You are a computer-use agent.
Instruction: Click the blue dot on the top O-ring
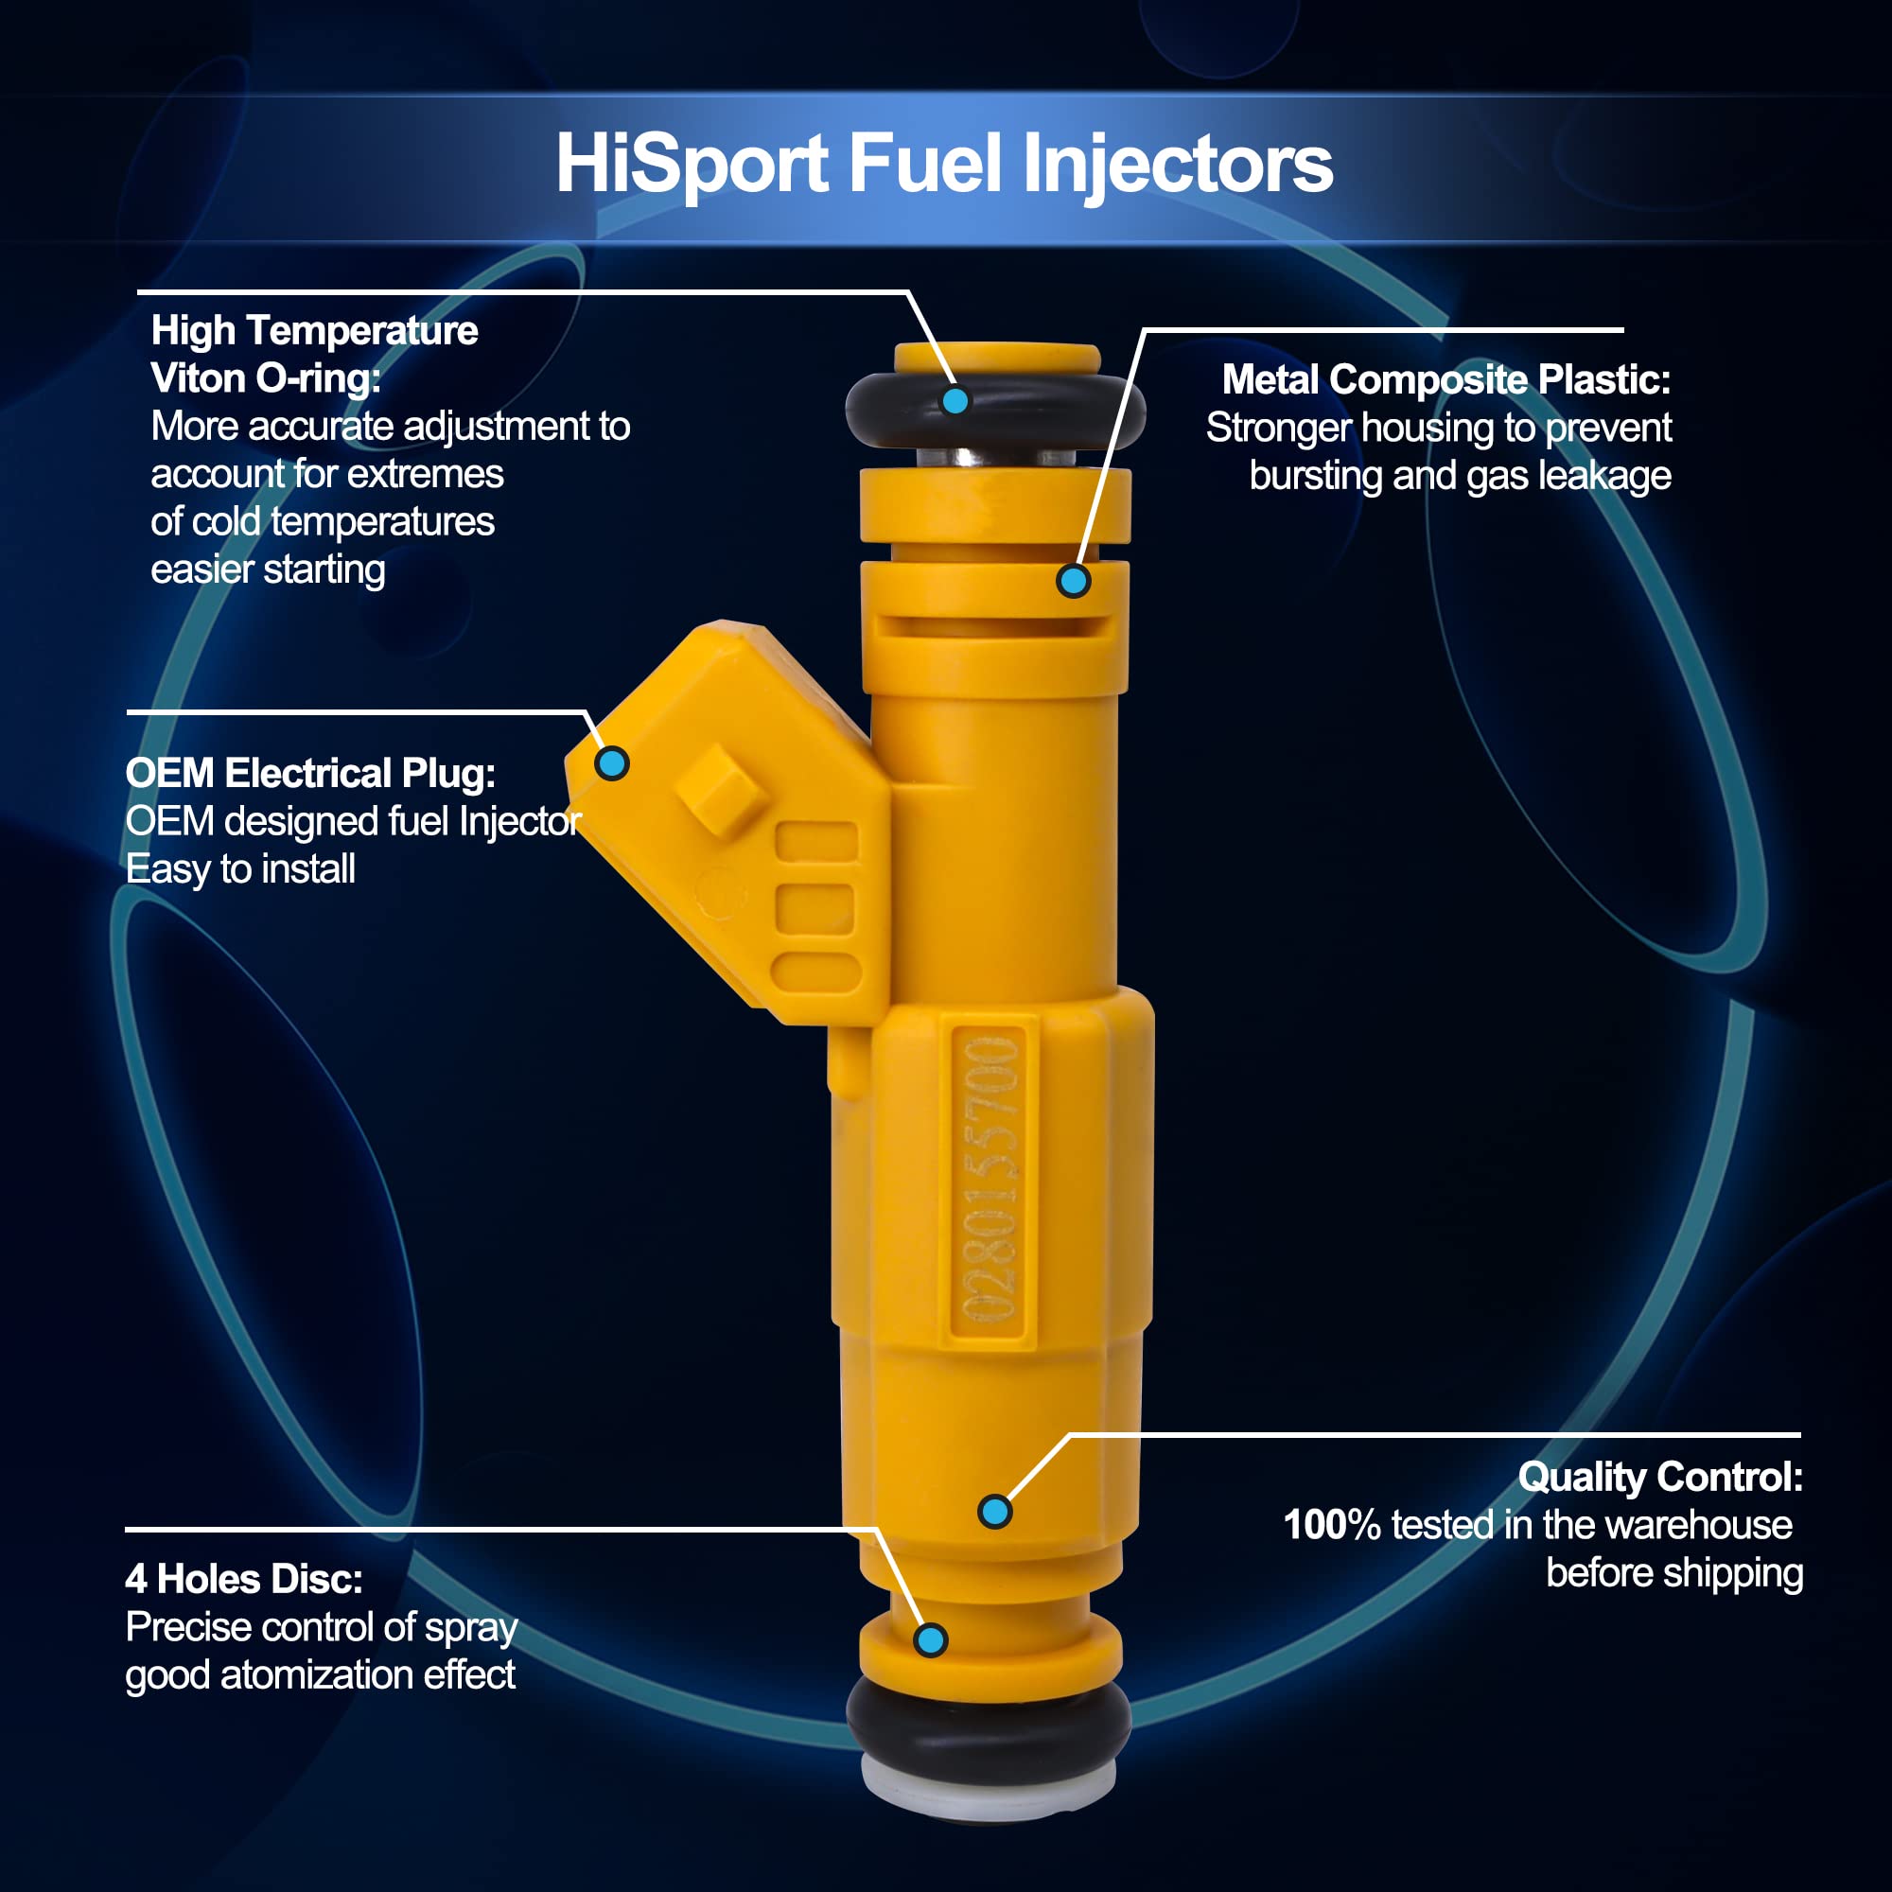point(955,400)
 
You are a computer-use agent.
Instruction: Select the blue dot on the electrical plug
point(612,762)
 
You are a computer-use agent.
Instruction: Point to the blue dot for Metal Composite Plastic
point(1074,581)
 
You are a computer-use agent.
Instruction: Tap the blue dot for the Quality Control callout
point(995,1511)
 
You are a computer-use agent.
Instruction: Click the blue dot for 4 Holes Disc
point(930,1640)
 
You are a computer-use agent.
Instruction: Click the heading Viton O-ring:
point(266,379)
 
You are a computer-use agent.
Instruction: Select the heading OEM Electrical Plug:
point(310,774)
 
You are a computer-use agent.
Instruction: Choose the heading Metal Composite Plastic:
point(1446,380)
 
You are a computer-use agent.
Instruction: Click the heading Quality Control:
point(1660,1477)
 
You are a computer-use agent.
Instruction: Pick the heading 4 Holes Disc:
point(244,1579)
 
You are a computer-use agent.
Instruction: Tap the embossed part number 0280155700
point(990,1182)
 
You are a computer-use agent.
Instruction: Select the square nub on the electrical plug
point(722,789)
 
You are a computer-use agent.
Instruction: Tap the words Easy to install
point(240,869)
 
